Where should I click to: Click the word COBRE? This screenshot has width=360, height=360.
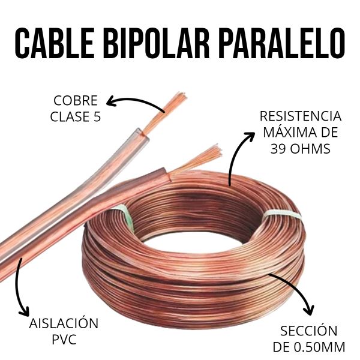(75, 100)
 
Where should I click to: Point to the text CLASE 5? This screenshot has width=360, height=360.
(75, 116)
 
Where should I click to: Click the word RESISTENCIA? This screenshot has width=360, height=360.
(300, 116)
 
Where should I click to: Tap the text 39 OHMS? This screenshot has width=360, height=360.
(300, 148)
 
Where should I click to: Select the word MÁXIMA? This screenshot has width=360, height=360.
(284, 132)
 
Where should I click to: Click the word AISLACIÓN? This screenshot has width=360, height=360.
(63, 324)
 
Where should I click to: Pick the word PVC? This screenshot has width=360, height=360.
(63, 340)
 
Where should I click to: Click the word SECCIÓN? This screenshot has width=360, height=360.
(308, 331)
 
